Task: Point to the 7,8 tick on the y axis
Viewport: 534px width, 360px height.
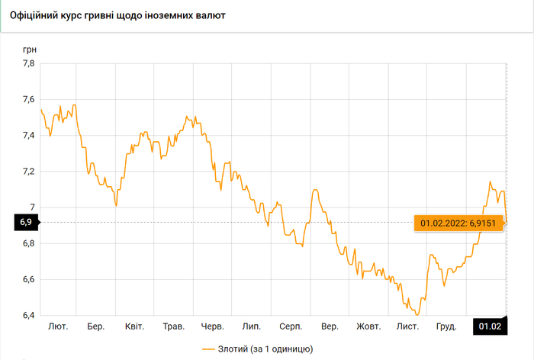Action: (27, 64)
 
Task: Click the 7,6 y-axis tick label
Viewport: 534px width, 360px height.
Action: (27, 100)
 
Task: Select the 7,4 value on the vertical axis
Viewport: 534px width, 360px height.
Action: (27, 136)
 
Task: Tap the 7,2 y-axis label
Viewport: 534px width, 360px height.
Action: (27, 172)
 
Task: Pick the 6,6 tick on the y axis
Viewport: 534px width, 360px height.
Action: (27, 280)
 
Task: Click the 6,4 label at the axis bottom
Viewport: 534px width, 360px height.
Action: (27, 316)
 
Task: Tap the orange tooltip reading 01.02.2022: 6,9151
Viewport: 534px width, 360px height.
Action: (462, 223)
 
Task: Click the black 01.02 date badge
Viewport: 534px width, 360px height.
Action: (489, 327)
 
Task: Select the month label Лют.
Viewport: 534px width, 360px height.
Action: (58, 327)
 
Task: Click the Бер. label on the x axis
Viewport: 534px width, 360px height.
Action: (96, 327)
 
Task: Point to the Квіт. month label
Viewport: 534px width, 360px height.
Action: (134, 327)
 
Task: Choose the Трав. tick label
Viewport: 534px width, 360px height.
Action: (173, 327)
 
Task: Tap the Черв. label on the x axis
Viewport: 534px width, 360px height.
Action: (212, 327)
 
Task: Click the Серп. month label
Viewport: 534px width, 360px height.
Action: (291, 327)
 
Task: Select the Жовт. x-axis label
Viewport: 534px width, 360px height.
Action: (368, 327)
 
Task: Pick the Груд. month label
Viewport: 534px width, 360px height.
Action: (446, 327)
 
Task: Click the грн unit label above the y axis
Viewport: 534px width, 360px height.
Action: (29, 49)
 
